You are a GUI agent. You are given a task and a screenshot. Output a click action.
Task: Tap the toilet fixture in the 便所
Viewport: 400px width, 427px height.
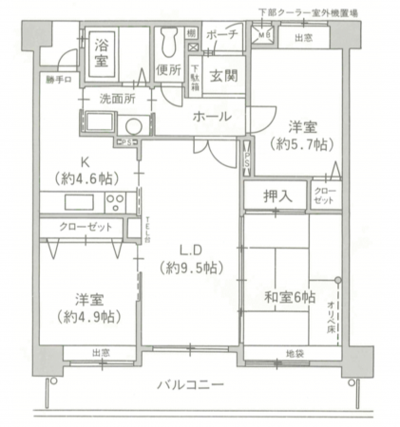(x=171, y=40)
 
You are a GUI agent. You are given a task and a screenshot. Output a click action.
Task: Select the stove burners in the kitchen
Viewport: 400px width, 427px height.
(x=116, y=201)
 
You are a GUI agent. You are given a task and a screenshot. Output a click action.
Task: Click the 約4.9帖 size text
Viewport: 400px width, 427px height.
(x=86, y=315)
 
